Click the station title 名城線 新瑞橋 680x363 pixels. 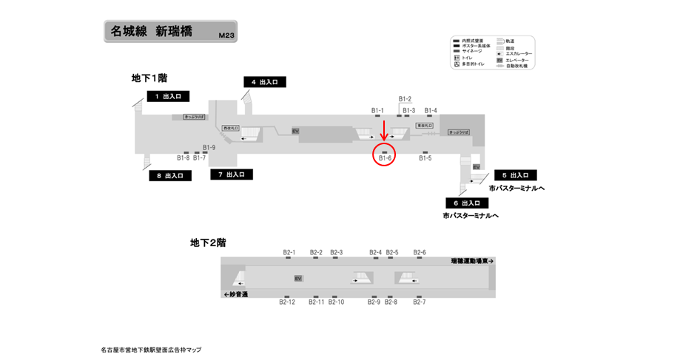click(x=151, y=31)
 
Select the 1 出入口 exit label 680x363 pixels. click(x=168, y=96)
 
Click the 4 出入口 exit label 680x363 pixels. click(x=264, y=82)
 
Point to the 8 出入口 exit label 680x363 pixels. click(x=170, y=176)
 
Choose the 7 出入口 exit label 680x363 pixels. click(x=232, y=174)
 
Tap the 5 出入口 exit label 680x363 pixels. click(x=515, y=175)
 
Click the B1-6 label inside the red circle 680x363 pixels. click(x=385, y=157)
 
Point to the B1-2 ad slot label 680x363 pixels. click(x=405, y=99)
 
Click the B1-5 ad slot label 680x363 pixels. click(x=425, y=157)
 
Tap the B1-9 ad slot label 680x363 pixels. click(x=209, y=147)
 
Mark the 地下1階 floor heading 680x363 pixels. click(x=149, y=78)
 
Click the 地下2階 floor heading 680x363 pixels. click(x=208, y=242)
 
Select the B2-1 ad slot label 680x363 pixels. click(x=289, y=252)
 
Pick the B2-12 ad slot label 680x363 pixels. click(x=287, y=302)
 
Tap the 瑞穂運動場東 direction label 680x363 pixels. click(x=471, y=261)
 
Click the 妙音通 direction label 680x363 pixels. click(x=236, y=294)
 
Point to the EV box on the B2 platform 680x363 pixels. click(x=298, y=278)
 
